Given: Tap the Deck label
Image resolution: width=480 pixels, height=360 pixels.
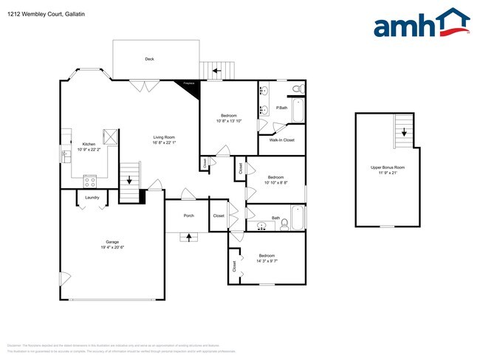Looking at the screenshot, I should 149,59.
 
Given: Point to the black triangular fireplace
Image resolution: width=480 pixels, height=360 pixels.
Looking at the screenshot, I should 188,86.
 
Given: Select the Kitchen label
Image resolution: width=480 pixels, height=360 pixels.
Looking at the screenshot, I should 89,144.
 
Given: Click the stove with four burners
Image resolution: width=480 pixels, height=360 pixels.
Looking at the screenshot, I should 91,179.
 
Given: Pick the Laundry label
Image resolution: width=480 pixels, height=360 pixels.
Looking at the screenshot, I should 92,198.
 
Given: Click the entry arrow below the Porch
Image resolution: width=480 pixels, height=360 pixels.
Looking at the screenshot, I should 188,237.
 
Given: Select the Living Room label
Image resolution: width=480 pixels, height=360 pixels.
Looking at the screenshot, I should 164,137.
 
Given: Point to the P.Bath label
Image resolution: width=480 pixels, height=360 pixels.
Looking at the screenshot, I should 281,108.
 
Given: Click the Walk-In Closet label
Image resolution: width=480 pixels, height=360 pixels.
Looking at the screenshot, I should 281,139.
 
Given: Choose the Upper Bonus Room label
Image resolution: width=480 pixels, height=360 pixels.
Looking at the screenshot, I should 388,167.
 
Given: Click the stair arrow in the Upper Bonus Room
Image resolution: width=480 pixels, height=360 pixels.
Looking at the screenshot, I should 405,133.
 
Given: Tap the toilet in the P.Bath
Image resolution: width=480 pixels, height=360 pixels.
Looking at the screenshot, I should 297,89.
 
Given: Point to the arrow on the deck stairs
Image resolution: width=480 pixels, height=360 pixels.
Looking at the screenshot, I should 216,72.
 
